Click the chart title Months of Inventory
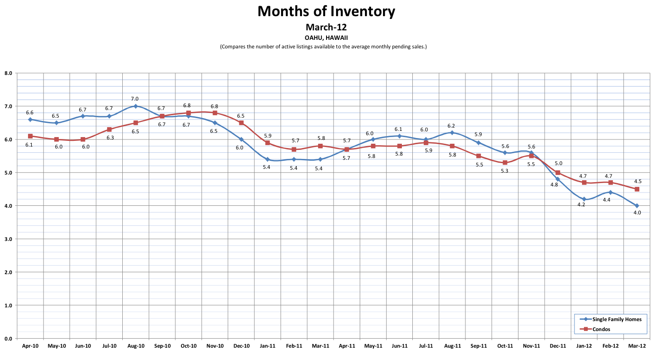point(326,11)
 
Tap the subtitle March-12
point(326,27)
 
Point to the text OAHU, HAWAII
point(326,37)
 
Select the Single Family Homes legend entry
point(616,319)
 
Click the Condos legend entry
point(601,329)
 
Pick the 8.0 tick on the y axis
point(8,74)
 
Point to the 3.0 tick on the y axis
point(8,239)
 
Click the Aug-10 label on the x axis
point(136,346)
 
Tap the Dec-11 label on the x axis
point(557,346)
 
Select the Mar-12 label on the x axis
point(637,346)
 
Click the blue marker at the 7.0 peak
point(136,106)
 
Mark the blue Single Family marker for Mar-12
point(637,206)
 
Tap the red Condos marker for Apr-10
point(30,136)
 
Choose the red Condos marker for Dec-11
point(558,173)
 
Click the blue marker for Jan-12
point(584,199)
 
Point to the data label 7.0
point(135,99)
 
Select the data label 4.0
point(637,213)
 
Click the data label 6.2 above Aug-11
point(452,126)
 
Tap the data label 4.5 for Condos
point(637,181)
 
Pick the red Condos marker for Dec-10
point(241,123)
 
